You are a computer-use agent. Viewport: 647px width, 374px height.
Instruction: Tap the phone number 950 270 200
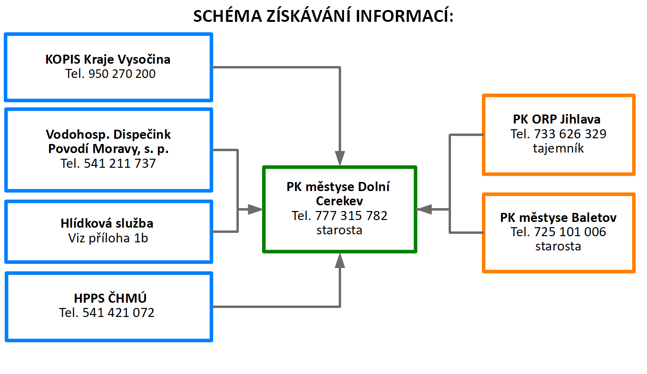click(x=122, y=74)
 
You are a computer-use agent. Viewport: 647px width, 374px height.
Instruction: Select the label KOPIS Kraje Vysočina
click(x=108, y=59)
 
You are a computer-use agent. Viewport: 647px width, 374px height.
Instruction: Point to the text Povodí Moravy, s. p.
click(x=108, y=149)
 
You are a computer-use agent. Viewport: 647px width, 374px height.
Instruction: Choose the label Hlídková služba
click(x=107, y=223)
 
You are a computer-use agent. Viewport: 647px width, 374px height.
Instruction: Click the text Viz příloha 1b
click(x=108, y=238)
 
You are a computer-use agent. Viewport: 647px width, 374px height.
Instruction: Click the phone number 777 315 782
click(x=351, y=216)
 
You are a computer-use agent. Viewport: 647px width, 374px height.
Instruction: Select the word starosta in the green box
click(x=339, y=230)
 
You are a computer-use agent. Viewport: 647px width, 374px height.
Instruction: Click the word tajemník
click(x=559, y=148)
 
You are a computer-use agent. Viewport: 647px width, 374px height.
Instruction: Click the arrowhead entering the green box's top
click(x=340, y=159)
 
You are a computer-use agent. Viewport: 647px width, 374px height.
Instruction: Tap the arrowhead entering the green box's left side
click(x=255, y=209)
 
